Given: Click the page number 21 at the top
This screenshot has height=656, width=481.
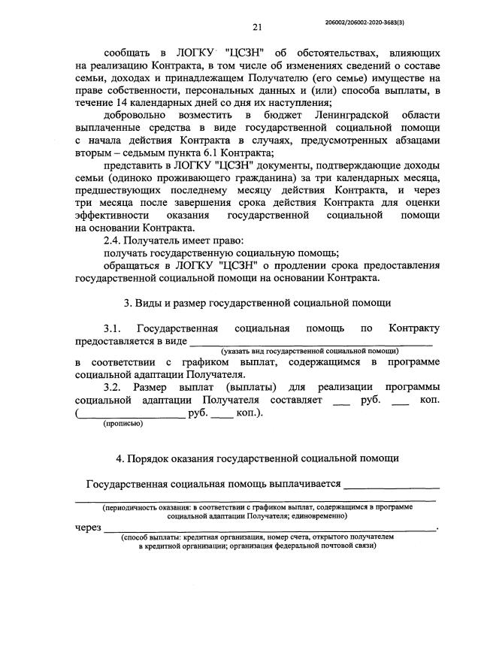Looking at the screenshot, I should tap(256, 28).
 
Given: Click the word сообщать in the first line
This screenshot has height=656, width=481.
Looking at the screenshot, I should tap(129, 54).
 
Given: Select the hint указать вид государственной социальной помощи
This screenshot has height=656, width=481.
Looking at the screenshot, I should tap(309, 351).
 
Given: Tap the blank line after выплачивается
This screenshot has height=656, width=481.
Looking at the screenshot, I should tap(392, 485).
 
